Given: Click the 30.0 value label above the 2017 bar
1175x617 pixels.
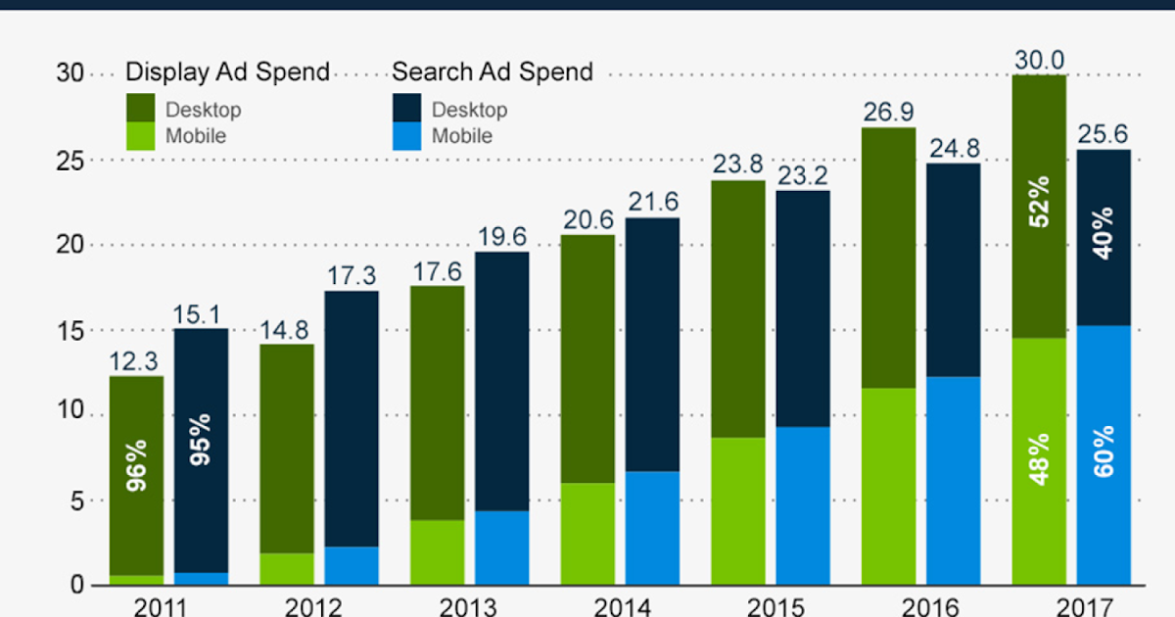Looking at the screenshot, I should [x=1039, y=60].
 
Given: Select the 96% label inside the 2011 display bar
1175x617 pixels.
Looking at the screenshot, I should [x=137, y=465].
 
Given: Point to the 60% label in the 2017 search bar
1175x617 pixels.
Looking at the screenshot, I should [x=1104, y=451].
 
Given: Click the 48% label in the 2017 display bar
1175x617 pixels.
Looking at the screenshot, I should [x=1039, y=457].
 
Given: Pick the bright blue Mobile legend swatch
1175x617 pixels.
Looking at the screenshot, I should [x=406, y=136].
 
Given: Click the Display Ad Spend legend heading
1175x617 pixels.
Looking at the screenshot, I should [x=227, y=72].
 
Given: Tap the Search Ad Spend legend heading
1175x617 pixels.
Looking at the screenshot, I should [x=493, y=72].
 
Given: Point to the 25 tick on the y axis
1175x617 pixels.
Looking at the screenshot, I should [x=72, y=160].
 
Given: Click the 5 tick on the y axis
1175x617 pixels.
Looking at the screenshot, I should [x=78, y=500].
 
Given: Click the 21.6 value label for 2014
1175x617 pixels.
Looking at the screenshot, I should [x=652, y=202].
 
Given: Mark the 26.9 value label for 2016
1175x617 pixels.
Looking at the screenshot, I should [x=889, y=112].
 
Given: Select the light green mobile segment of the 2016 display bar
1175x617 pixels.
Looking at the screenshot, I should [x=889, y=486].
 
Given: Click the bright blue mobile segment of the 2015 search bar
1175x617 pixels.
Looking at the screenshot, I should [x=803, y=505].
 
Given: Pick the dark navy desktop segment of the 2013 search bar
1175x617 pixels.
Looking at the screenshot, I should [x=502, y=382].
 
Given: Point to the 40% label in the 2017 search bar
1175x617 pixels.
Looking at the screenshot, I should [x=1104, y=232].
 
